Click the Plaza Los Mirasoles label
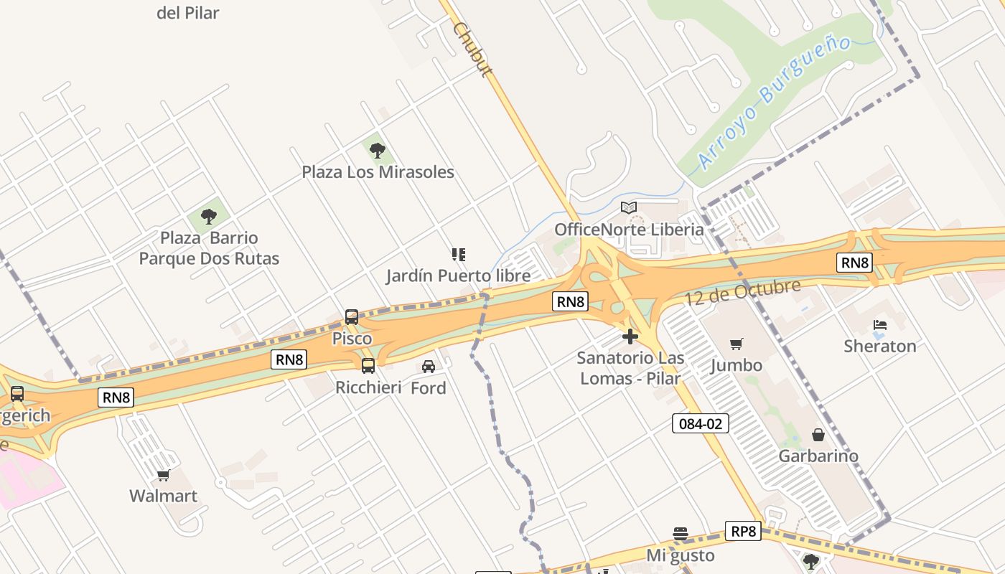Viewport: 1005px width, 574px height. click(378, 172)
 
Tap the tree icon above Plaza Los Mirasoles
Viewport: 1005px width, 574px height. click(378, 150)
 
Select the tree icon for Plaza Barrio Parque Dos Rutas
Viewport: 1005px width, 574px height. click(209, 216)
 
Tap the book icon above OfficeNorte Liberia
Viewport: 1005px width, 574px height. click(629, 208)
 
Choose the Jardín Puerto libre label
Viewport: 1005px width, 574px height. click(458, 276)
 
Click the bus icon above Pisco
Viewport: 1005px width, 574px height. click(352, 316)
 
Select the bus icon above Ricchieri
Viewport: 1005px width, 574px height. click(368, 365)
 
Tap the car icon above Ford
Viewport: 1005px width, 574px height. click(429, 367)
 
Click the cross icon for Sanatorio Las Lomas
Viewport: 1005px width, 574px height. click(630, 336)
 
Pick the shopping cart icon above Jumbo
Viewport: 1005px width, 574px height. click(737, 344)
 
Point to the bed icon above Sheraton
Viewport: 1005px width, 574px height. click(880, 325)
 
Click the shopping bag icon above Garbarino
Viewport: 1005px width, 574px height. click(818, 435)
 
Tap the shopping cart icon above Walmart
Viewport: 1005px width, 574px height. click(164, 475)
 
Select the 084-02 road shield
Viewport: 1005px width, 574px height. click(701, 423)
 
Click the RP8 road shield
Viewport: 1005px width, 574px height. click(743, 531)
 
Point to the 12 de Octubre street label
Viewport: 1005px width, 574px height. click(742, 293)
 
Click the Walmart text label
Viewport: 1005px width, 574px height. click(163, 496)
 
